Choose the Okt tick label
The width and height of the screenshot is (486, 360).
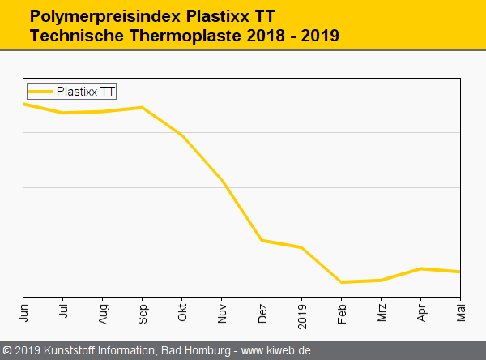click(182, 311)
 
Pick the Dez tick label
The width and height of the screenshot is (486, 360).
click(262, 311)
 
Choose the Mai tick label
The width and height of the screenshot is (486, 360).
click(460, 311)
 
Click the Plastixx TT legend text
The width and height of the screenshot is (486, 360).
click(85, 92)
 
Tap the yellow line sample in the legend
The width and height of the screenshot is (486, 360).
click(40, 92)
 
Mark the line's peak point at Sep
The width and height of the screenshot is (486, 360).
click(143, 107)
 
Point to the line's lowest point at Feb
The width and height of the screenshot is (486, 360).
click(342, 282)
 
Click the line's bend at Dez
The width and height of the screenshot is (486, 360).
click(262, 240)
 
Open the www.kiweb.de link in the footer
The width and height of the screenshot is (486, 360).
click(276, 350)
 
